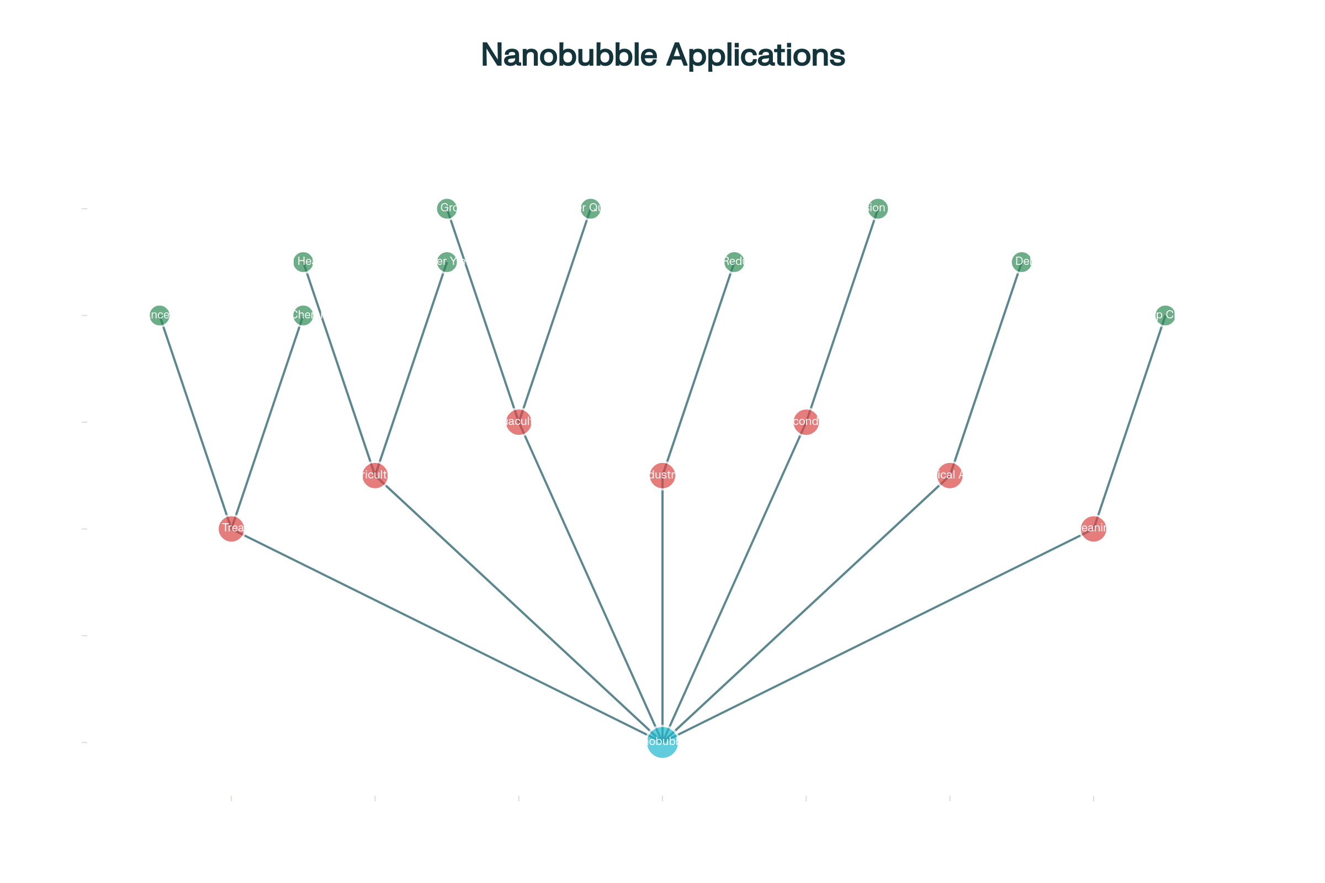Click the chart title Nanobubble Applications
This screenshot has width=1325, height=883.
(x=662, y=55)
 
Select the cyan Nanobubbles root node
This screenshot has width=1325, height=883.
(x=662, y=742)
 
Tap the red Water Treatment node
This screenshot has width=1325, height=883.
(x=231, y=529)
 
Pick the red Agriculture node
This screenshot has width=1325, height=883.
(x=375, y=475)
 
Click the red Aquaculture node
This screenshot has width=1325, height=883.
(x=518, y=422)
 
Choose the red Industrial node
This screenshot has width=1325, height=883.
(x=662, y=475)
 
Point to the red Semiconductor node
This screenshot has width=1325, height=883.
(x=805, y=422)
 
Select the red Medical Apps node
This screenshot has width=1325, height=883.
(x=950, y=475)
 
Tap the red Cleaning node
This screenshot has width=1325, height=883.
(x=1094, y=529)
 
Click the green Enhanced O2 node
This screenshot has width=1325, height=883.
(x=160, y=315)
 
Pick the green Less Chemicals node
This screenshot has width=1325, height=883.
(x=303, y=315)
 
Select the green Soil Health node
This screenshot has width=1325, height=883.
(x=303, y=262)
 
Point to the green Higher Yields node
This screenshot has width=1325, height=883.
(x=447, y=262)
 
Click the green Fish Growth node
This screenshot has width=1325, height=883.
(x=447, y=209)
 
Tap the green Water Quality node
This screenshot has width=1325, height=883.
(x=590, y=209)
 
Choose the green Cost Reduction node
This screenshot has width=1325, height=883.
(x=734, y=262)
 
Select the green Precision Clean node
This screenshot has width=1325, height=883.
(x=878, y=209)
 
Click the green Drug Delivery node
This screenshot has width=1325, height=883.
(x=1021, y=262)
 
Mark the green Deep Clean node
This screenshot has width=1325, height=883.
(x=1165, y=315)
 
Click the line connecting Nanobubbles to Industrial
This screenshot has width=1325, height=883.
(x=662, y=608)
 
